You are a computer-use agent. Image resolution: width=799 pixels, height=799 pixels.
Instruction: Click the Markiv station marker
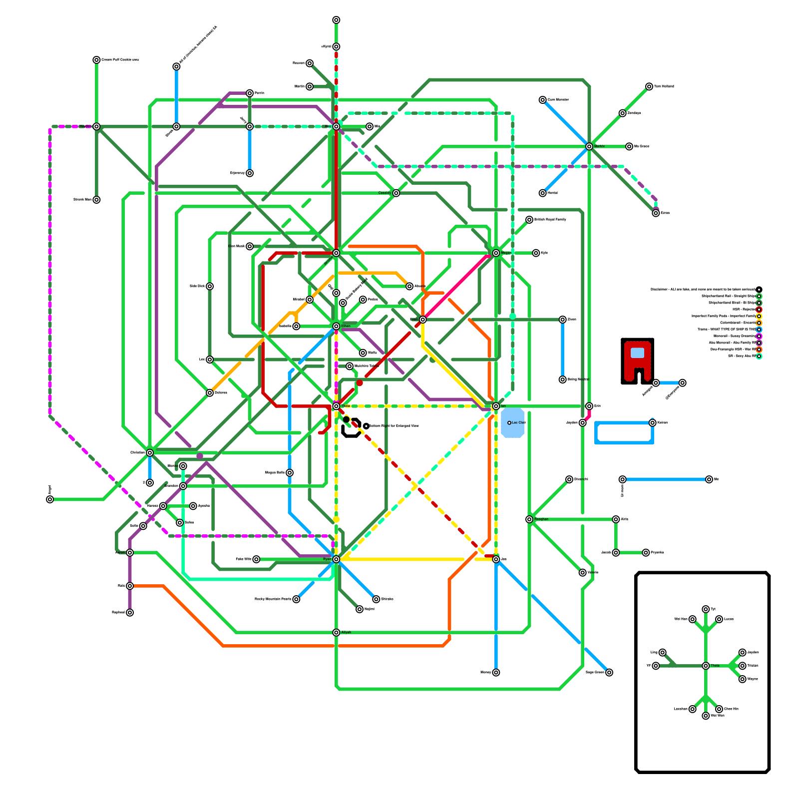coord(589,146)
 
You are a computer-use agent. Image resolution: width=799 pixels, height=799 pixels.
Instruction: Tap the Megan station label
coord(506,253)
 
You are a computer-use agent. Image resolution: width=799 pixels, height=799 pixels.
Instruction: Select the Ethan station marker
coord(336,326)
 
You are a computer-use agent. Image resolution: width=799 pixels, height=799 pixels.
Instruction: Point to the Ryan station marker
coord(336,559)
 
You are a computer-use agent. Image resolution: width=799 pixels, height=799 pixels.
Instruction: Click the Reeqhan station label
coord(541,519)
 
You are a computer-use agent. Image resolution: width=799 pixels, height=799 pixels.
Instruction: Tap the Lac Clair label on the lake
coord(518,423)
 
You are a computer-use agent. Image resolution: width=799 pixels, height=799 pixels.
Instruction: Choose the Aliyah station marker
coord(336,633)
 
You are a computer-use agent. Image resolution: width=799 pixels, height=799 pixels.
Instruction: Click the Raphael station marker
coord(130,613)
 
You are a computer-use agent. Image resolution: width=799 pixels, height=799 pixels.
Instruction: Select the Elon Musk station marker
coord(250,246)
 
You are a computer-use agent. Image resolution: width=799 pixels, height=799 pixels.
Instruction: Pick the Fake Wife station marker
coord(256,559)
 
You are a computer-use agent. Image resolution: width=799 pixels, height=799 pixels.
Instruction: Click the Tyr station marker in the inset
coord(706,609)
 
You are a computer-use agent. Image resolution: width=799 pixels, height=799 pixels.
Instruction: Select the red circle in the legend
coord(759,310)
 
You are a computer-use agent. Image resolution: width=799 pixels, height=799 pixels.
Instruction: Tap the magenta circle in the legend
coord(759,336)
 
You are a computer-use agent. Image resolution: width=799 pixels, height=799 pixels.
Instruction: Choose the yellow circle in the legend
coord(759,316)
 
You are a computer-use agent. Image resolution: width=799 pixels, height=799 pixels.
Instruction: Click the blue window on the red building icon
coord(637,353)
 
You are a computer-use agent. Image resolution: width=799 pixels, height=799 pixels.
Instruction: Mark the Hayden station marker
coord(96,126)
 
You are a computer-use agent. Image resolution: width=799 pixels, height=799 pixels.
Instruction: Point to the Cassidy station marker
coord(396,193)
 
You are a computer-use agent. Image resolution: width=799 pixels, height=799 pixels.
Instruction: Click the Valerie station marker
coord(582,573)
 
